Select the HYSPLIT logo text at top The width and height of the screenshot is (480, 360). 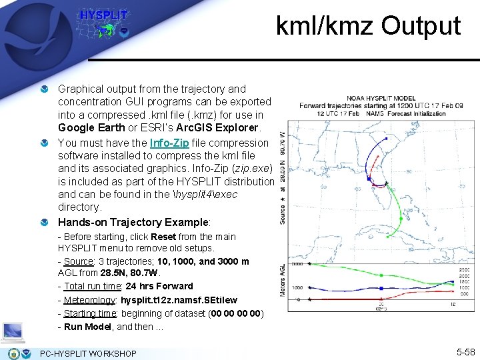[103, 15]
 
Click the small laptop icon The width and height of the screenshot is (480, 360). [13, 331]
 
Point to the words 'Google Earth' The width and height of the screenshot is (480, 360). [90, 127]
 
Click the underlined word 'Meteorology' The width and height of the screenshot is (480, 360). [90, 300]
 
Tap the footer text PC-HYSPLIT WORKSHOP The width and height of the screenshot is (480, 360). [88, 353]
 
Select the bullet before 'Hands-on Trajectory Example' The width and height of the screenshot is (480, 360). [44, 223]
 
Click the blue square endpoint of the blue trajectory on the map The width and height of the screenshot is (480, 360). [369, 179]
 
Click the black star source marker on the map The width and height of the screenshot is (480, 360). [386, 183]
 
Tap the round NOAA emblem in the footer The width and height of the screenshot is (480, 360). [13, 353]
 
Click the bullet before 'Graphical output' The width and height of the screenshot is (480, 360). [44, 89]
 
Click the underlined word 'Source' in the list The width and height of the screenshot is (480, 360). [78, 261]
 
